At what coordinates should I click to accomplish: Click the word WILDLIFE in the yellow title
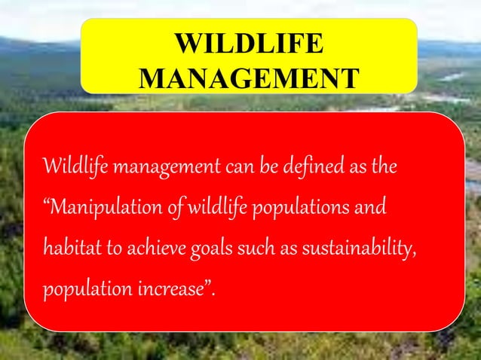click(249, 44)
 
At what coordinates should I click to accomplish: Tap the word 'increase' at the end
click(173, 288)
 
